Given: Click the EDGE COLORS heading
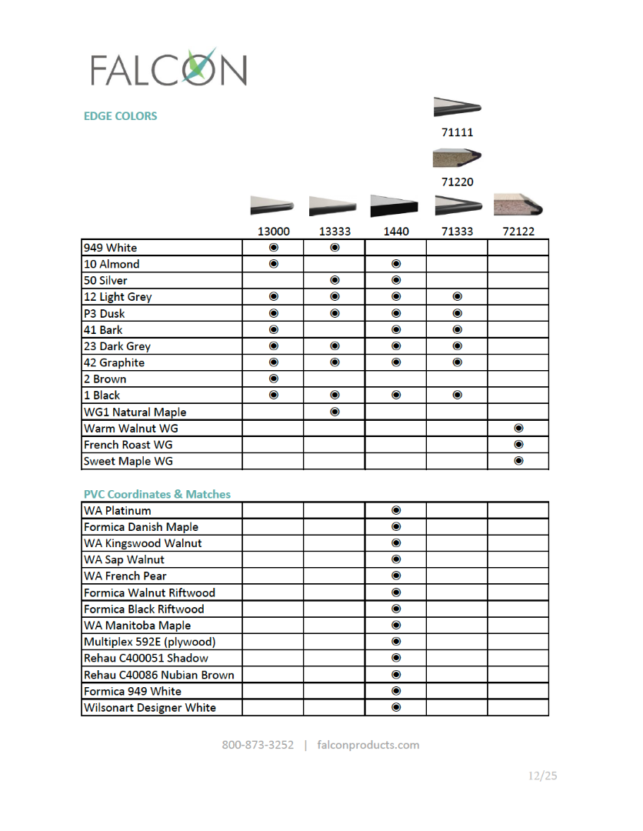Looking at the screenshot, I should (120, 116).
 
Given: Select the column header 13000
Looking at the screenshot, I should (273, 231).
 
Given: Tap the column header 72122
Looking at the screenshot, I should (518, 231).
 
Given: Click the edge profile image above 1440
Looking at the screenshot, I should (395, 206).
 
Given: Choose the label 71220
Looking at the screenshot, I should (458, 182).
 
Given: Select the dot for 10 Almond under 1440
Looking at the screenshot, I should (396, 264).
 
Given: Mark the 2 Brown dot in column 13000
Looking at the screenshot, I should (273, 379).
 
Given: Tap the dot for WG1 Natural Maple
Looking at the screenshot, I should (335, 412).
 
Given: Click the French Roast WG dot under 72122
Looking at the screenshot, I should (518, 445).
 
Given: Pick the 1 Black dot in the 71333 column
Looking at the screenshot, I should (458, 395).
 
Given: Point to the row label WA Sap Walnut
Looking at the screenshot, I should (124, 559).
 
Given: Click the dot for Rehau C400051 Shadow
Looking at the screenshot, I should (396, 658).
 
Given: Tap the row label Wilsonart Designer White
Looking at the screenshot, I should (150, 707).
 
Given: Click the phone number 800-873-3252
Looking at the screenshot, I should (258, 745).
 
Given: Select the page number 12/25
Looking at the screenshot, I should (542, 776).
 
